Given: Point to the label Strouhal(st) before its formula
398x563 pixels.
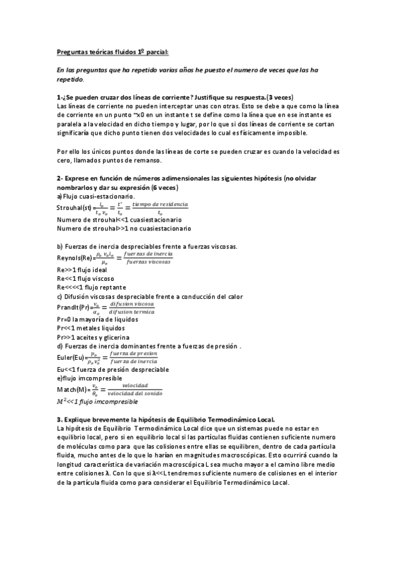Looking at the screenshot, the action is click(74, 208).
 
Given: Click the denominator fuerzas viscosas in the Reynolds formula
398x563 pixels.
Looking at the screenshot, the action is click(148, 262).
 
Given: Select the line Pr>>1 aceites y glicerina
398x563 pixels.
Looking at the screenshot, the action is click(93, 336).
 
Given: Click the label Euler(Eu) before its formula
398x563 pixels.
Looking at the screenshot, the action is click(70, 357).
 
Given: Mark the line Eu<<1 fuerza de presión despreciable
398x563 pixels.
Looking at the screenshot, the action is click(110, 369).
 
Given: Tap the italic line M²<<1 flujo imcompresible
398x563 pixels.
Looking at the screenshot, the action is click(97, 402).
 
